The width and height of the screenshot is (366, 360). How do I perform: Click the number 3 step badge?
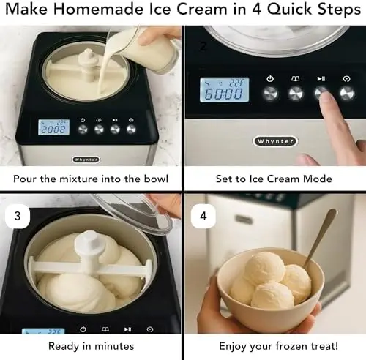[x=18, y=216]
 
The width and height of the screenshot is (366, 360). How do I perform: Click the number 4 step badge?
[x=203, y=216]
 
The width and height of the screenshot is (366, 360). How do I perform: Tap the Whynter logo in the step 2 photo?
[x=275, y=141]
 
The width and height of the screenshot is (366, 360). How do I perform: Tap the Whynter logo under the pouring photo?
[x=86, y=160]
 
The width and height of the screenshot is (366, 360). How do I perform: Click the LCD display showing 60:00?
[x=225, y=90]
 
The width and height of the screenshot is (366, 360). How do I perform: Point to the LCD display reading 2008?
[x=53, y=127]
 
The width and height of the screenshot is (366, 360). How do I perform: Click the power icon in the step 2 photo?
[x=270, y=79]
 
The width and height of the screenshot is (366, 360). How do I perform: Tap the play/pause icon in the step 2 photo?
[x=321, y=78]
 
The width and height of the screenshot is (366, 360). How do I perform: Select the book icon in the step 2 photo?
[x=296, y=78]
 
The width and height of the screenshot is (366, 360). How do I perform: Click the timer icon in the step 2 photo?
[x=347, y=79]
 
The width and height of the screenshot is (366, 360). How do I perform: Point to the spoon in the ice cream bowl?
[x=321, y=237]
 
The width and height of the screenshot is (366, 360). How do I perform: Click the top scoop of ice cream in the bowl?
[x=265, y=268]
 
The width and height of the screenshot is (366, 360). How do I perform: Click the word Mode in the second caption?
[x=317, y=179]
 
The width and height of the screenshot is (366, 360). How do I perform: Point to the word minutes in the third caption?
[x=114, y=346]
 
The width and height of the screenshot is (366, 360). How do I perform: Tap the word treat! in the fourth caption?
[x=324, y=346]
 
